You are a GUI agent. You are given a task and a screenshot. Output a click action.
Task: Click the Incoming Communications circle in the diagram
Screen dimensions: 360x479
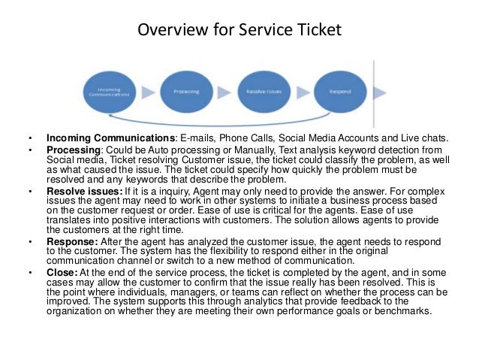tap(110, 92)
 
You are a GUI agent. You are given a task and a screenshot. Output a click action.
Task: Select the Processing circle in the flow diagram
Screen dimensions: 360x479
tap(185, 92)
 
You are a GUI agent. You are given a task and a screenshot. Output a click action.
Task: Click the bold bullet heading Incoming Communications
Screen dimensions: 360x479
tap(110, 138)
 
